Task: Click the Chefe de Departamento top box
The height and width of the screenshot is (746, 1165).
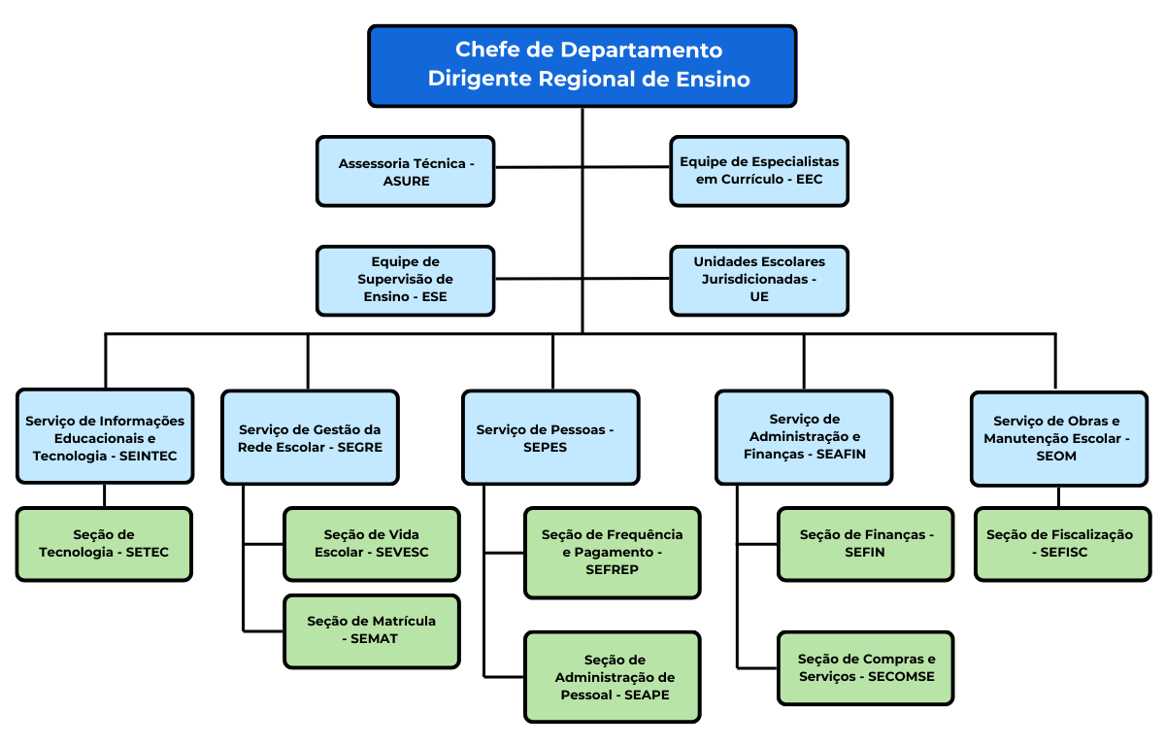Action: point(582,65)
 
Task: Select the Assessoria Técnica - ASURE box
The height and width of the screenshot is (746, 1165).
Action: point(406,172)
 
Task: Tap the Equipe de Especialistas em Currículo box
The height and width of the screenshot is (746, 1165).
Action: point(759,171)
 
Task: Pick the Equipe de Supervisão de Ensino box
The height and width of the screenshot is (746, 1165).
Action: point(406,280)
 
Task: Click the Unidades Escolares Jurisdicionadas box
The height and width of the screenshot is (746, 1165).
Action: point(759,280)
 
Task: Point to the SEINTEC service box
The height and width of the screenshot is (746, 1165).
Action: point(105,438)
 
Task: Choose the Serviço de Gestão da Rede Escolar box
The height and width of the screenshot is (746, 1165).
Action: point(310,438)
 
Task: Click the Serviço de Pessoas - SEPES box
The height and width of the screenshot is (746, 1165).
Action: point(550,438)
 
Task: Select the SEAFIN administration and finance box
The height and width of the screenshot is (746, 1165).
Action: point(804,437)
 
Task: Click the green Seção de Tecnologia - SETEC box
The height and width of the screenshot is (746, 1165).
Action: point(104,544)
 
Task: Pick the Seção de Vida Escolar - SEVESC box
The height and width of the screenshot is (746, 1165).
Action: point(372,544)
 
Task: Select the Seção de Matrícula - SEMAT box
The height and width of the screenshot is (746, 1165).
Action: point(372,630)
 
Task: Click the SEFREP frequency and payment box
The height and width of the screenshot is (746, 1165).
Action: point(612,552)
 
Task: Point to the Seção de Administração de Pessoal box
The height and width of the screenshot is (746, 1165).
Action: point(612,677)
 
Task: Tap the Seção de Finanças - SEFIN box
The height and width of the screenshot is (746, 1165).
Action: point(866,544)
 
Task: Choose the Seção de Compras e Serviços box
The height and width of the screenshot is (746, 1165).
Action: point(866,668)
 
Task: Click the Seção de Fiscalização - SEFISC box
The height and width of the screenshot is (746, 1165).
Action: point(1059,544)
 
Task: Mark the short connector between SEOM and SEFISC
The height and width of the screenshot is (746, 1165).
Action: point(1058,496)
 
